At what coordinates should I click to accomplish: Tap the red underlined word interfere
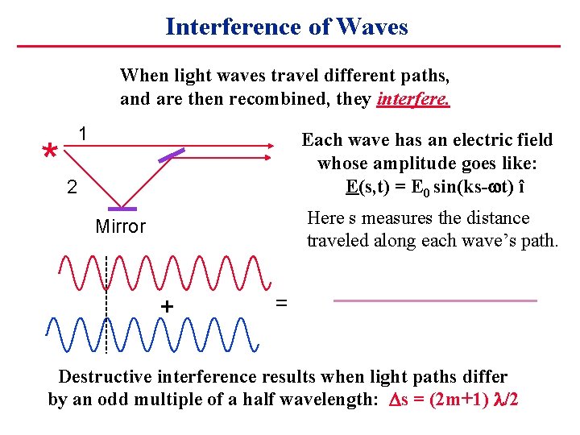[x=412, y=99]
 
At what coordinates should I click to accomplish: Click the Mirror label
[x=120, y=226]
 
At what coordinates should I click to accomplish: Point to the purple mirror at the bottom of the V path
[x=121, y=209]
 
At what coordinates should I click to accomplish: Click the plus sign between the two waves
[x=167, y=307]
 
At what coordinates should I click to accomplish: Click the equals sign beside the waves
[x=282, y=303]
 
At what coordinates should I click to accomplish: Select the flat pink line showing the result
[x=435, y=300]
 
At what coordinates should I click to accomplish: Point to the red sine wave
[x=161, y=273]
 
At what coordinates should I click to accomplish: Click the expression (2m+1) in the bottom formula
[x=451, y=400]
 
